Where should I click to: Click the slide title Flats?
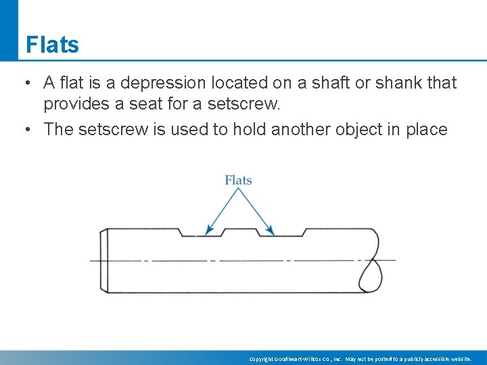52,45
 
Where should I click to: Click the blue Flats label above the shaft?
238,180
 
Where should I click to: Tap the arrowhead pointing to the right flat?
271,232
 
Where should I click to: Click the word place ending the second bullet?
426,130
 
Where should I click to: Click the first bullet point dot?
25,84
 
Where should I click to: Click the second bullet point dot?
25,130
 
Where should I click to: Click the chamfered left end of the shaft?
104,260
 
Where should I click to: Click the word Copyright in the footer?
262,358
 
